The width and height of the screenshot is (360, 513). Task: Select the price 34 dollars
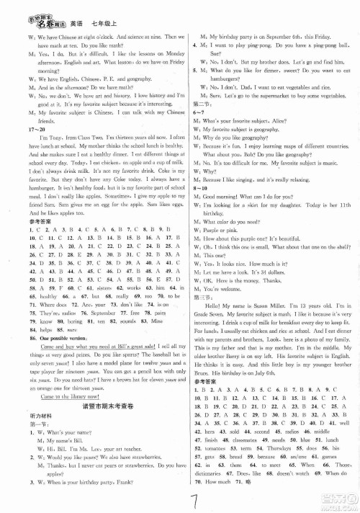pyautogui.click(x=289, y=254)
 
